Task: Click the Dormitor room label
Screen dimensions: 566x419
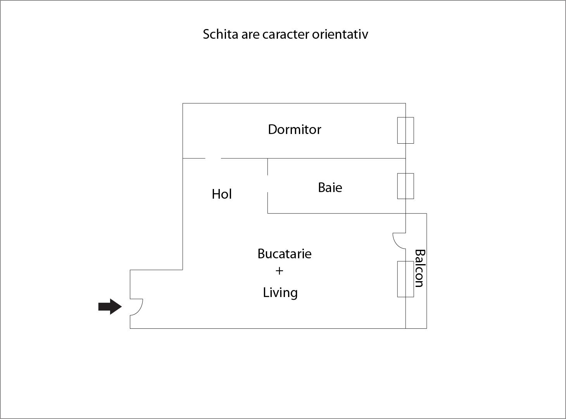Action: pyautogui.click(x=295, y=130)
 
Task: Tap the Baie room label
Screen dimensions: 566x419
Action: pyautogui.click(x=330, y=187)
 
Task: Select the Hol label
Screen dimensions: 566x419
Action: pyautogui.click(x=222, y=194)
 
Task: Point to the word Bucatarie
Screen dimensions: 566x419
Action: pyautogui.click(x=285, y=254)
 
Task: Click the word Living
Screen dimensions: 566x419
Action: pyautogui.click(x=280, y=293)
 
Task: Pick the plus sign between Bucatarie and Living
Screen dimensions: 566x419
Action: pyautogui.click(x=280, y=271)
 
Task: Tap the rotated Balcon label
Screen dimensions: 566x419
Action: pyautogui.click(x=419, y=268)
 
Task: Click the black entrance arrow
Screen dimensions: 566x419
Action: pyautogui.click(x=110, y=307)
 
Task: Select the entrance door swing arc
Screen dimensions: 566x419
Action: pyautogui.click(x=136, y=307)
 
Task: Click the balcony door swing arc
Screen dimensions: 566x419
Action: pyautogui.click(x=399, y=241)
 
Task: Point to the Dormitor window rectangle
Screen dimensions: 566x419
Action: pyautogui.click(x=406, y=131)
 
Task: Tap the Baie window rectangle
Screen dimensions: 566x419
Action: pyautogui.click(x=406, y=186)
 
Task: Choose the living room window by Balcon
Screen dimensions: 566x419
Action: pyautogui.click(x=406, y=279)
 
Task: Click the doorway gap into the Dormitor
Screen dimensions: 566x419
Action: pyautogui.click(x=213, y=158)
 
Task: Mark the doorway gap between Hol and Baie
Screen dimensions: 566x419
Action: pyautogui.click(x=267, y=184)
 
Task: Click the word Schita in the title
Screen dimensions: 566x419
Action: pyautogui.click(x=221, y=34)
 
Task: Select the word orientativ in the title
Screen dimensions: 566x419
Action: pyautogui.click(x=340, y=34)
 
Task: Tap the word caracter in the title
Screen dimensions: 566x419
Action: pyautogui.click(x=286, y=34)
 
